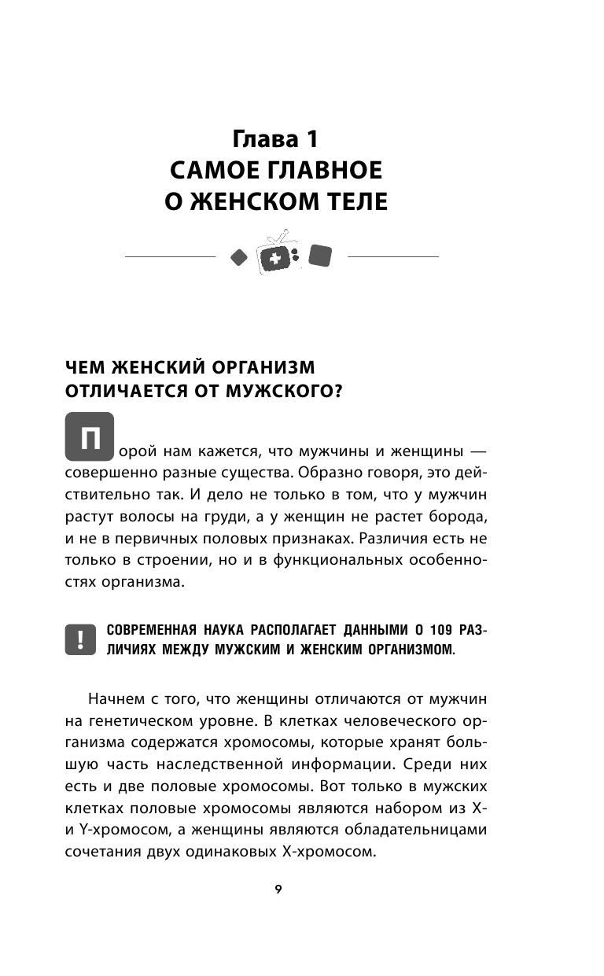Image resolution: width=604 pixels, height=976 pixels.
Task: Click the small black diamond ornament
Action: [238, 256]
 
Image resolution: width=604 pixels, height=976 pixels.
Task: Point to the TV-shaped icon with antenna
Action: [274, 254]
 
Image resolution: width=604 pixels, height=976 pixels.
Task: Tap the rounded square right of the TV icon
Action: [320, 256]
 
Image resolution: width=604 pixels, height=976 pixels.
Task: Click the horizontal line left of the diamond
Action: [170, 257]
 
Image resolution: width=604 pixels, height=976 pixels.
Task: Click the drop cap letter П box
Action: [91, 436]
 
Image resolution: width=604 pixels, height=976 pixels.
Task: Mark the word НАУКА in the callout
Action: [229, 631]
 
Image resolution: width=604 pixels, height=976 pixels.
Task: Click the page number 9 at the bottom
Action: [278, 889]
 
